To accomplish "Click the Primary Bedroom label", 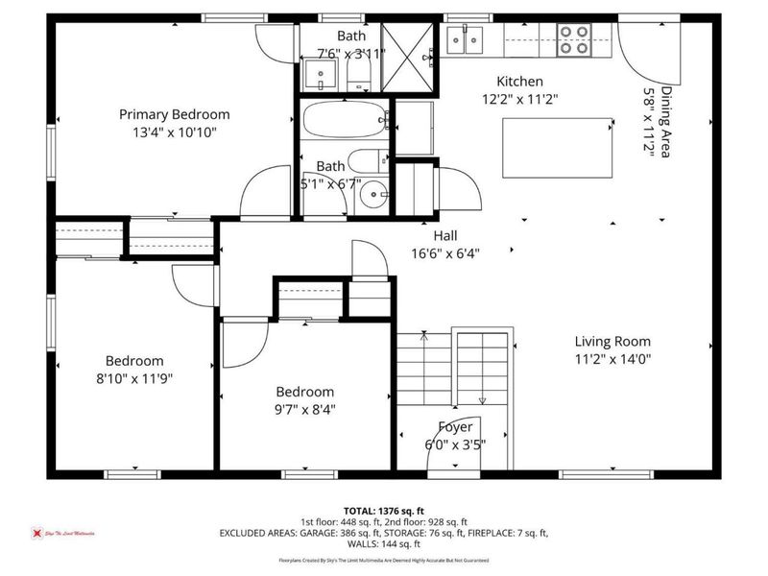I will (x=174, y=114).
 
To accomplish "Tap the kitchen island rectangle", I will (x=557, y=148).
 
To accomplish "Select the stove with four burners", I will (x=575, y=39).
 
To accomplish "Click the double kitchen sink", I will (x=469, y=40).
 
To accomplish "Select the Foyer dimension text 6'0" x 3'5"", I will (x=455, y=444).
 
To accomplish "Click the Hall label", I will (x=444, y=235).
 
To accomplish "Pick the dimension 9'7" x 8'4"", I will (x=305, y=409).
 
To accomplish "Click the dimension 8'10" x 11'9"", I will (x=133, y=378).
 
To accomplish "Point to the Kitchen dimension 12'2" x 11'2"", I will (x=519, y=99).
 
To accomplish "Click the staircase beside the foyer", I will (x=455, y=370).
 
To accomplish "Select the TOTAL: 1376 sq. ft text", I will (x=383, y=510).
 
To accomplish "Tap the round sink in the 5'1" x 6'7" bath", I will (x=371, y=197).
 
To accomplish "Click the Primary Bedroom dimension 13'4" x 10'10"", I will (x=174, y=132).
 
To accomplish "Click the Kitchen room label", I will (x=519, y=82).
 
